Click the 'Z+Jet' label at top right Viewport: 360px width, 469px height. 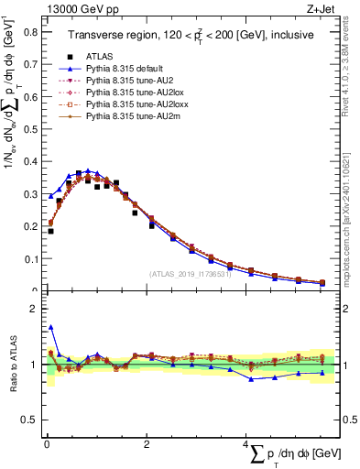[333, 9]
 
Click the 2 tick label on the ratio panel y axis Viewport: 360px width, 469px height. [34, 310]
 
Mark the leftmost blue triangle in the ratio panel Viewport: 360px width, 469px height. [50, 327]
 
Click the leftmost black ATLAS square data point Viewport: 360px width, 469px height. [50, 231]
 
